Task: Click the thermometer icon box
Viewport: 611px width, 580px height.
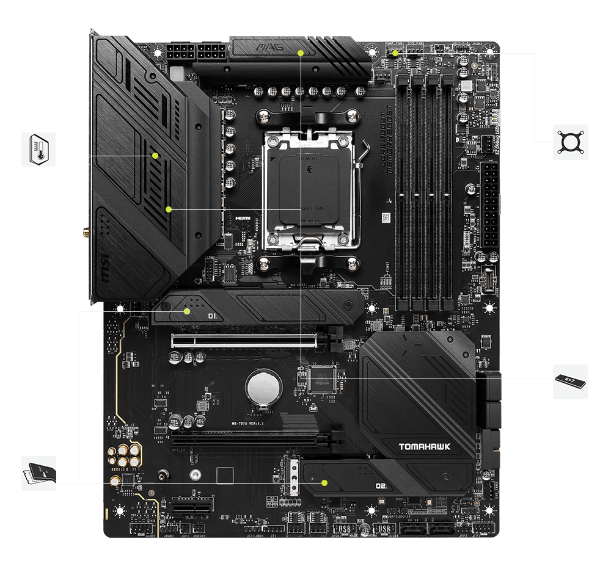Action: click(38, 149)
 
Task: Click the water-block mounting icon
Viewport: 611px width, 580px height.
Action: click(571, 142)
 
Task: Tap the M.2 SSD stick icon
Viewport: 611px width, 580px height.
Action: click(570, 382)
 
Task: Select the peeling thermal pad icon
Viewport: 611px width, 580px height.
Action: click(38, 473)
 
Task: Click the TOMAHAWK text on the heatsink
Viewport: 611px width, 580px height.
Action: click(425, 447)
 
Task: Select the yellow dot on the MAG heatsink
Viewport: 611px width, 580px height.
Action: click(301, 53)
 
